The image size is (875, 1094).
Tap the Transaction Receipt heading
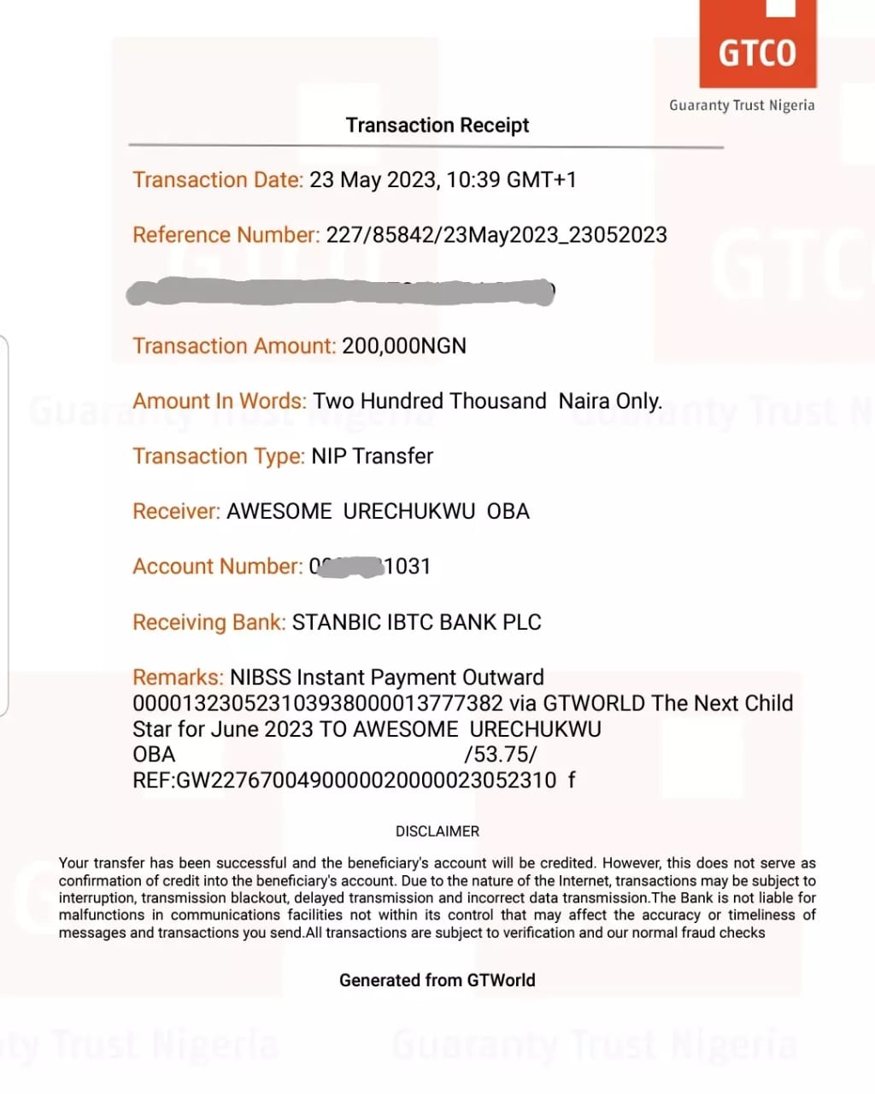pos(437,126)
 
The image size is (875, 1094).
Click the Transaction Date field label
pos(218,180)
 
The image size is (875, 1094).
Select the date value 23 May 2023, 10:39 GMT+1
pos(443,180)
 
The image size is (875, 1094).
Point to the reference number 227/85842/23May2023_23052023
pos(496,235)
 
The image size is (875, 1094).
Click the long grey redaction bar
pos(342,291)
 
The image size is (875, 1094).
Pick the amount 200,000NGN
pos(404,346)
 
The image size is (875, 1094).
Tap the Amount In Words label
pos(220,401)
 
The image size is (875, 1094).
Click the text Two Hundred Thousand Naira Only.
pos(487,401)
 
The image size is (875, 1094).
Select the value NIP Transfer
pos(373,456)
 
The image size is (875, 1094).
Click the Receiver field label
pos(177,511)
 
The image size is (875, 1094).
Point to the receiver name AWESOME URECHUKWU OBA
pos(378,511)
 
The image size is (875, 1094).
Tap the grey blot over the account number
pos(349,567)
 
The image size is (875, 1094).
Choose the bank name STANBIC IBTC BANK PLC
pos(417,622)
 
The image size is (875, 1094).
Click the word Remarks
pos(178,678)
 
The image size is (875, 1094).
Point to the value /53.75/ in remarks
pos(501,755)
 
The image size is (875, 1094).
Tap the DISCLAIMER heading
pos(437,832)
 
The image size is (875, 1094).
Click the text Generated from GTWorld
pos(437,980)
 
